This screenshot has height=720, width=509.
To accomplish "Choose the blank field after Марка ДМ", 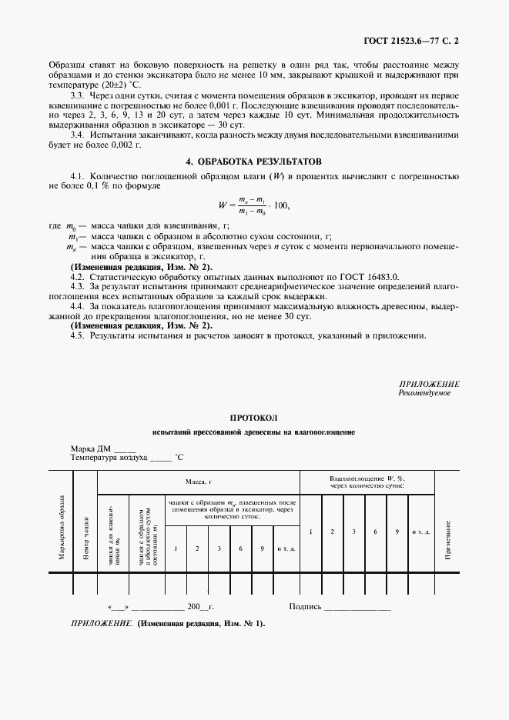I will tap(124, 448).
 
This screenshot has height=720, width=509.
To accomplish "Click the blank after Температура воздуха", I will tap(159, 457).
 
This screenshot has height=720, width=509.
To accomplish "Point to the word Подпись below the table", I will tap(304, 606).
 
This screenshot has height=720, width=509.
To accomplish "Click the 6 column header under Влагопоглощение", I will tap(374, 532).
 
